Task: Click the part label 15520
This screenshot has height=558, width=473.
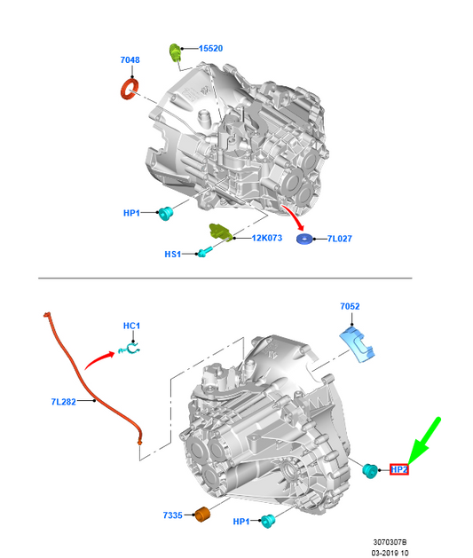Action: (x=210, y=49)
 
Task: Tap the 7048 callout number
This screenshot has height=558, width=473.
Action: (x=130, y=59)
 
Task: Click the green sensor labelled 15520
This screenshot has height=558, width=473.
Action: (x=175, y=52)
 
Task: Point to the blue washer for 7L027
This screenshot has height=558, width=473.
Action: (x=304, y=239)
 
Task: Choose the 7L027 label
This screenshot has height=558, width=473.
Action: (x=340, y=239)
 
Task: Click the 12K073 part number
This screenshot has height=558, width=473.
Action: (x=267, y=238)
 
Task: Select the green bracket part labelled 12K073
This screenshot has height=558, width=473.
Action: (x=221, y=232)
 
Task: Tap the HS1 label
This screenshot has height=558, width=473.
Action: (x=173, y=254)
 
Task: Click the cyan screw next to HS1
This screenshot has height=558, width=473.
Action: (x=204, y=252)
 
